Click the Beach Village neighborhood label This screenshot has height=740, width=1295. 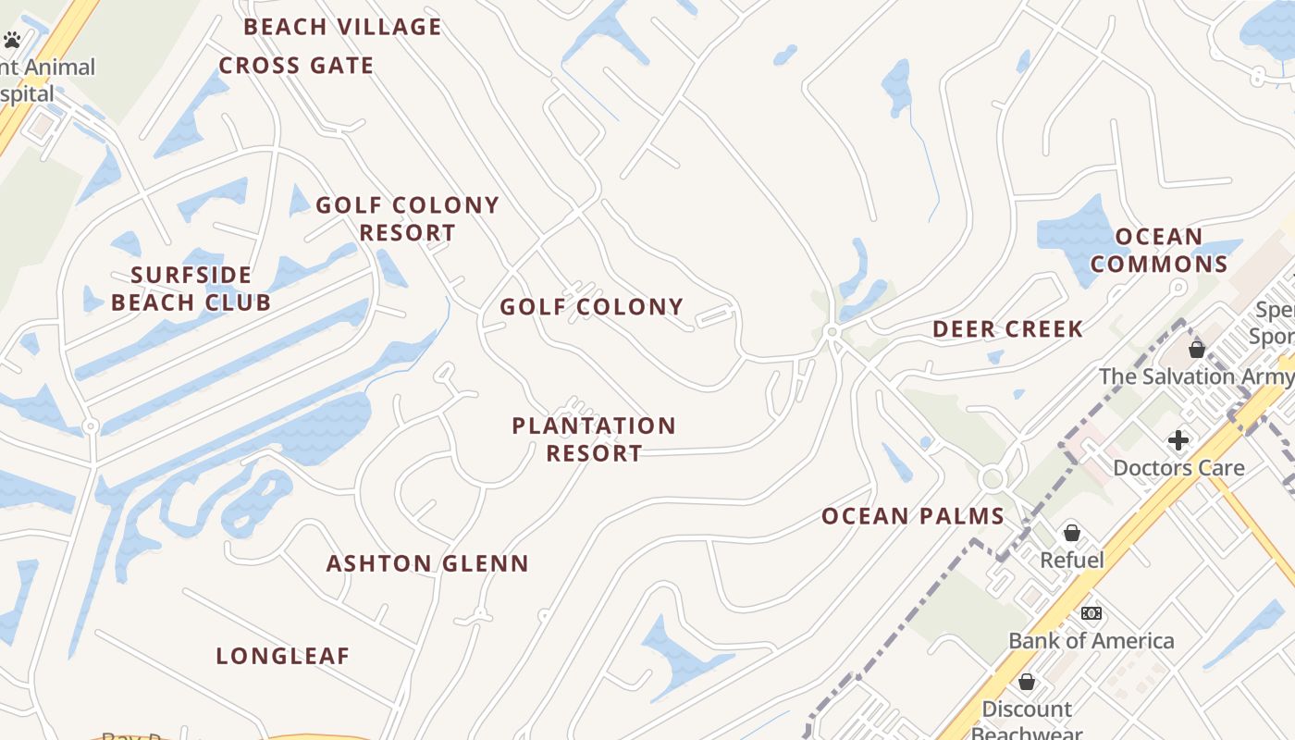pyautogui.click(x=342, y=27)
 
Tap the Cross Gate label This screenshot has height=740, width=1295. pyautogui.click(x=296, y=66)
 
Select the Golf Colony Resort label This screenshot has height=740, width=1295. pyautogui.click(x=407, y=218)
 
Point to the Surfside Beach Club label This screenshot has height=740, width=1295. pyautogui.click(x=191, y=289)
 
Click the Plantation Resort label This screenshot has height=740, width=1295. pyautogui.click(x=594, y=439)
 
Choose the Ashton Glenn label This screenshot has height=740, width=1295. pyautogui.click(x=427, y=563)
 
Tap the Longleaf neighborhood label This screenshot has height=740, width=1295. pyautogui.click(x=283, y=657)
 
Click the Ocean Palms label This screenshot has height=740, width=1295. pyautogui.click(x=913, y=516)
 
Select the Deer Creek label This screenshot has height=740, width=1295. pyautogui.click(x=1007, y=329)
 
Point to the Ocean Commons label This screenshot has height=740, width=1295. pyautogui.click(x=1159, y=251)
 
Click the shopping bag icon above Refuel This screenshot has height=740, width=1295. pyautogui.click(x=1071, y=533)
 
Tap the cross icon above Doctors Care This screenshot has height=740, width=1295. pyautogui.click(x=1178, y=439)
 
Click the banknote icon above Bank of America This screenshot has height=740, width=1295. pyautogui.click(x=1091, y=613)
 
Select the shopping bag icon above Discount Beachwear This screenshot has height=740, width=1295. pyautogui.click(x=1026, y=682)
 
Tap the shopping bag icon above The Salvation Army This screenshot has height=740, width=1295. pyautogui.click(x=1197, y=350)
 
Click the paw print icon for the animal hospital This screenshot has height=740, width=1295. pyautogui.click(x=12, y=40)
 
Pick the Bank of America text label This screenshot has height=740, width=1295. pyautogui.click(x=1091, y=640)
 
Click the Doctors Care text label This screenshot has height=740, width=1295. pyautogui.click(x=1178, y=467)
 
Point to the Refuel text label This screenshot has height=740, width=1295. pyautogui.click(x=1072, y=560)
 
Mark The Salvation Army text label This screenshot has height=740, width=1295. pyautogui.click(x=1196, y=376)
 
